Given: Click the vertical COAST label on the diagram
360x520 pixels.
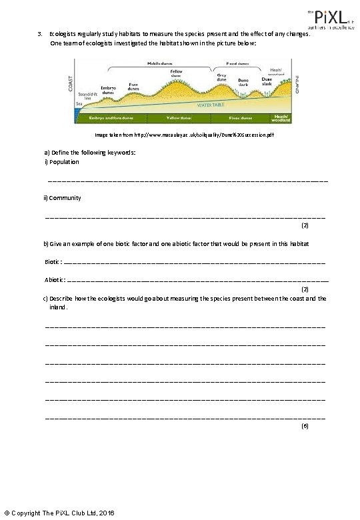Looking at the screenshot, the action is pos(70,83).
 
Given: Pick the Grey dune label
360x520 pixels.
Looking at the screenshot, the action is pos(222,77).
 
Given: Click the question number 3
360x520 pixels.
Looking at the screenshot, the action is pos(40,34).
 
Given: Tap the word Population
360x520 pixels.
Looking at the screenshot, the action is pos(64,162).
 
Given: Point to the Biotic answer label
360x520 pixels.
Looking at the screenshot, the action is pos(53,262).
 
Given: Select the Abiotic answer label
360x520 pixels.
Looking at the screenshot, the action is pos(55,280).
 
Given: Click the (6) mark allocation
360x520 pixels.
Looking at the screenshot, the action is pos(305,425).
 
